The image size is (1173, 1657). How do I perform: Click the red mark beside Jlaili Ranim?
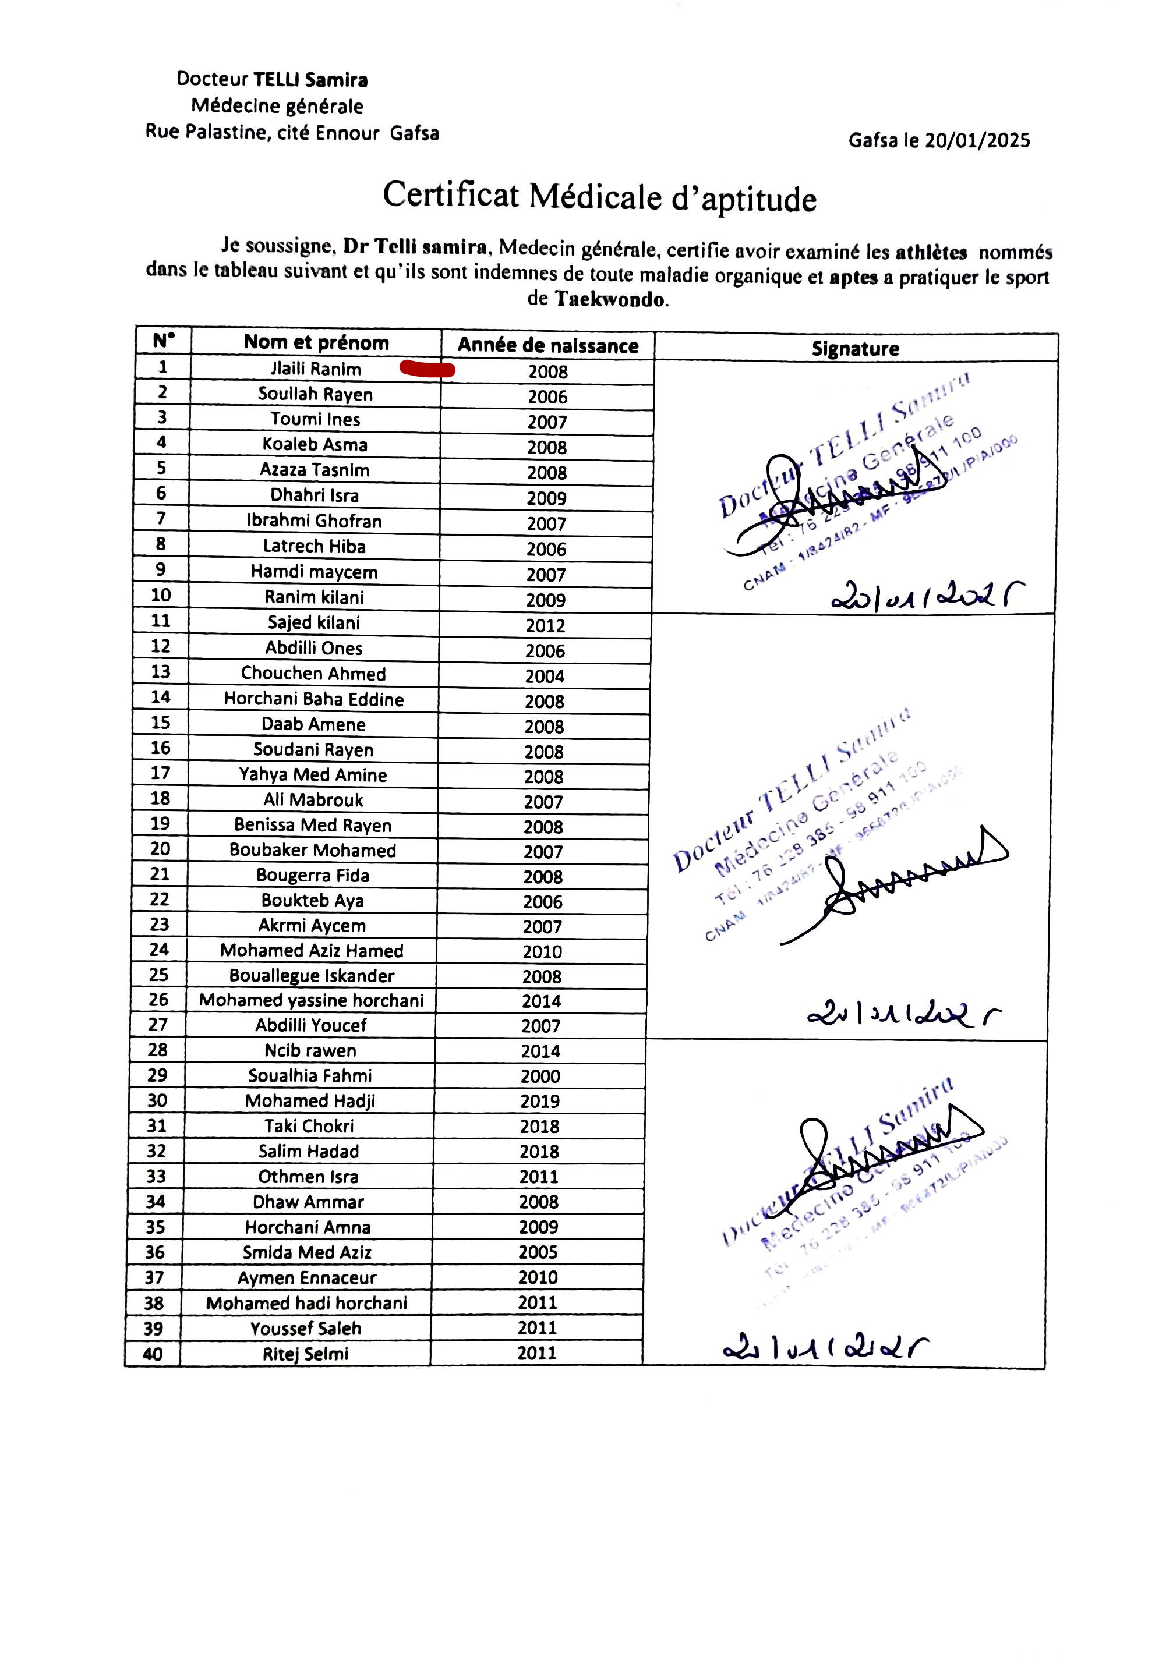point(427,370)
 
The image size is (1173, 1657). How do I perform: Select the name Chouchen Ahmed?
point(313,674)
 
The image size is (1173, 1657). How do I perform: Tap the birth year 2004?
point(545,677)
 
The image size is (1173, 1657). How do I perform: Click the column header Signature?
point(855,349)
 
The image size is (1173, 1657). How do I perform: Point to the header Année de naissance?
point(547,346)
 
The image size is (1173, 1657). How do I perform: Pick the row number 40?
point(153,1354)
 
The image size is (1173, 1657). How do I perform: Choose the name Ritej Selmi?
point(306,1354)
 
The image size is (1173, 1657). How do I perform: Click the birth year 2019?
point(539,1102)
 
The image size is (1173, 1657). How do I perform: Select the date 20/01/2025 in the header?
point(977,141)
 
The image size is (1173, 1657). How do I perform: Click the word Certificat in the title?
point(451,195)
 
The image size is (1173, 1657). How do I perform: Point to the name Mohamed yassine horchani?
point(312,1000)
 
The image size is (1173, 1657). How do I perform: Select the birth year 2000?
point(540,1077)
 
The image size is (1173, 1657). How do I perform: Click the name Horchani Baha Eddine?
point(313,699)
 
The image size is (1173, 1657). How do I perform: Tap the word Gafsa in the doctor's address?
point(414,133)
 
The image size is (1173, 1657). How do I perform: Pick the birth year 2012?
point(545,626)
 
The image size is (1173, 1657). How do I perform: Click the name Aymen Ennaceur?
point(307,1278)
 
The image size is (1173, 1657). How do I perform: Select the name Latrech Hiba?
point(314,547)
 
